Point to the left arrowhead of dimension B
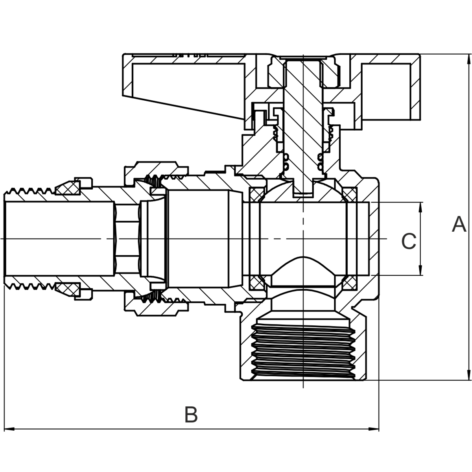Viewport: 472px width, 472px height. [8, 429]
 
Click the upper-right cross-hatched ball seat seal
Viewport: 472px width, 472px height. [349, 194]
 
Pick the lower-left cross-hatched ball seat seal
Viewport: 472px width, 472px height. [256, 282]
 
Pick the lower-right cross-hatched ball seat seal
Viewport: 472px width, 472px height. [349, 282]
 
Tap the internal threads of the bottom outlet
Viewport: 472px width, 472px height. [303, 346]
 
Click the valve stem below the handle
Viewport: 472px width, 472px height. [303, 130]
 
